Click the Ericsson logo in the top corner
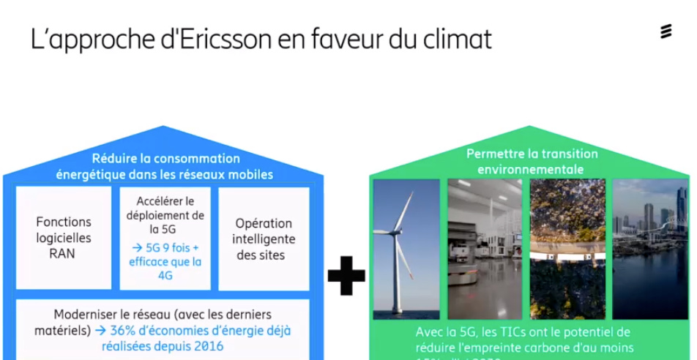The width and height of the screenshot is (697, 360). click(666, 32)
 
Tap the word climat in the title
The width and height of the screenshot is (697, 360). click(455, 39)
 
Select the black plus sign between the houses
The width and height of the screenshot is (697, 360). click(346, 277)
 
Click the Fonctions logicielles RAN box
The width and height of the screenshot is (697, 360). click(64, 238)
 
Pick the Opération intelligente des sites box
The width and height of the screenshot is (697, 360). click(264, 239)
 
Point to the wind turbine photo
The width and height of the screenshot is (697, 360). click(406, 249)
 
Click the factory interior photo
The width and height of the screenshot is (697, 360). click(485, 249)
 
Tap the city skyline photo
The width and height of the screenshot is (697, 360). click(650, 249)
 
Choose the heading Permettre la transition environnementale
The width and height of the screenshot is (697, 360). click(532, 161)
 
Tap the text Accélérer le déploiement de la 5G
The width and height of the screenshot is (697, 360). click(165, 214)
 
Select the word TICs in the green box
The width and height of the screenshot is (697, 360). click(499, 332)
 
